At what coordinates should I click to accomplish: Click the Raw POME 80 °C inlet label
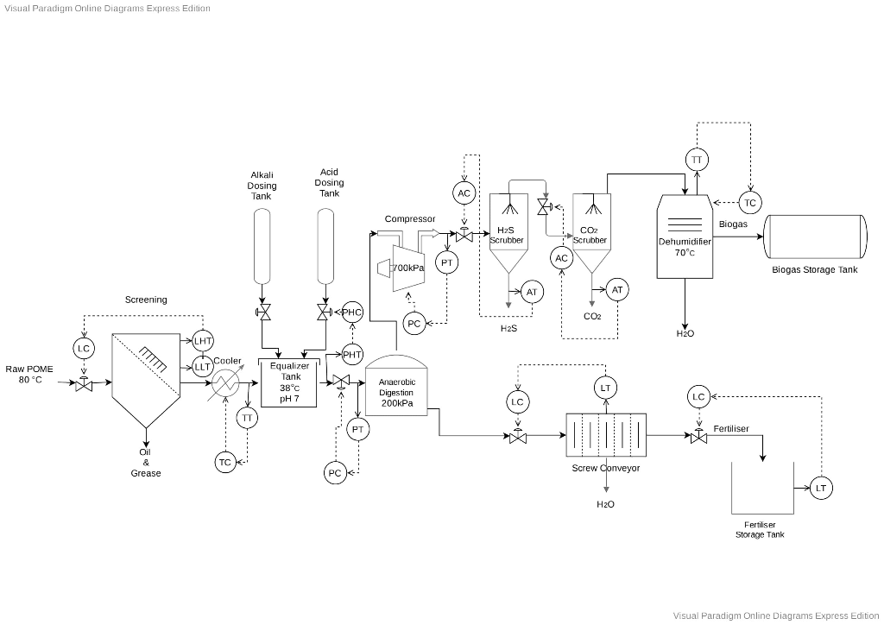click(x=29, y=374)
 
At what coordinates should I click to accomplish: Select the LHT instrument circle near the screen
click(x=203, y=341)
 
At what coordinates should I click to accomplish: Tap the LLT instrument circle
click(x=203, y=366)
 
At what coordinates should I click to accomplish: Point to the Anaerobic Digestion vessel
click(x=397, y=388)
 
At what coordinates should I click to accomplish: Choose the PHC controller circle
click(x=352, y=312)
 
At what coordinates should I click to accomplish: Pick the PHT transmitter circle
click(x=352, y=353)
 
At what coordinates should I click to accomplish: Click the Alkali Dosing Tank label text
click(x=262, y=185)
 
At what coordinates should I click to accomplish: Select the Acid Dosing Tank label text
click(x=329, y=182)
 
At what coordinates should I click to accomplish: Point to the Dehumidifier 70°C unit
click(x=685, y=237)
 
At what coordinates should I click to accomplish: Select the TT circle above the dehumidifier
click(x=697, y=160)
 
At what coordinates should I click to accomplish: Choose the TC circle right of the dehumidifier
click(x=749, y=203)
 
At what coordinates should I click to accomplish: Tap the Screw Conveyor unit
click(x=605, y=435)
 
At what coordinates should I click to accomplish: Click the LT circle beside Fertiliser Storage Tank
click(x=820, y=489)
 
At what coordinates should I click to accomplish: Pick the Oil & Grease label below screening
click(x=146, y=462)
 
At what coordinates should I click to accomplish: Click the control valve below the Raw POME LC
click(x=84, y=384)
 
